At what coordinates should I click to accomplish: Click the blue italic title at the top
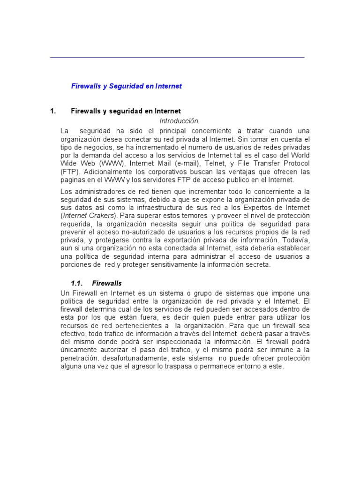126,86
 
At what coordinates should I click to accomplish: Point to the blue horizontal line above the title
177,57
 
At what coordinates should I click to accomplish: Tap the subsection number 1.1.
76,283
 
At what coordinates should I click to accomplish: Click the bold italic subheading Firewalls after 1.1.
107,283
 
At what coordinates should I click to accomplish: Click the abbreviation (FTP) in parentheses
70,172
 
